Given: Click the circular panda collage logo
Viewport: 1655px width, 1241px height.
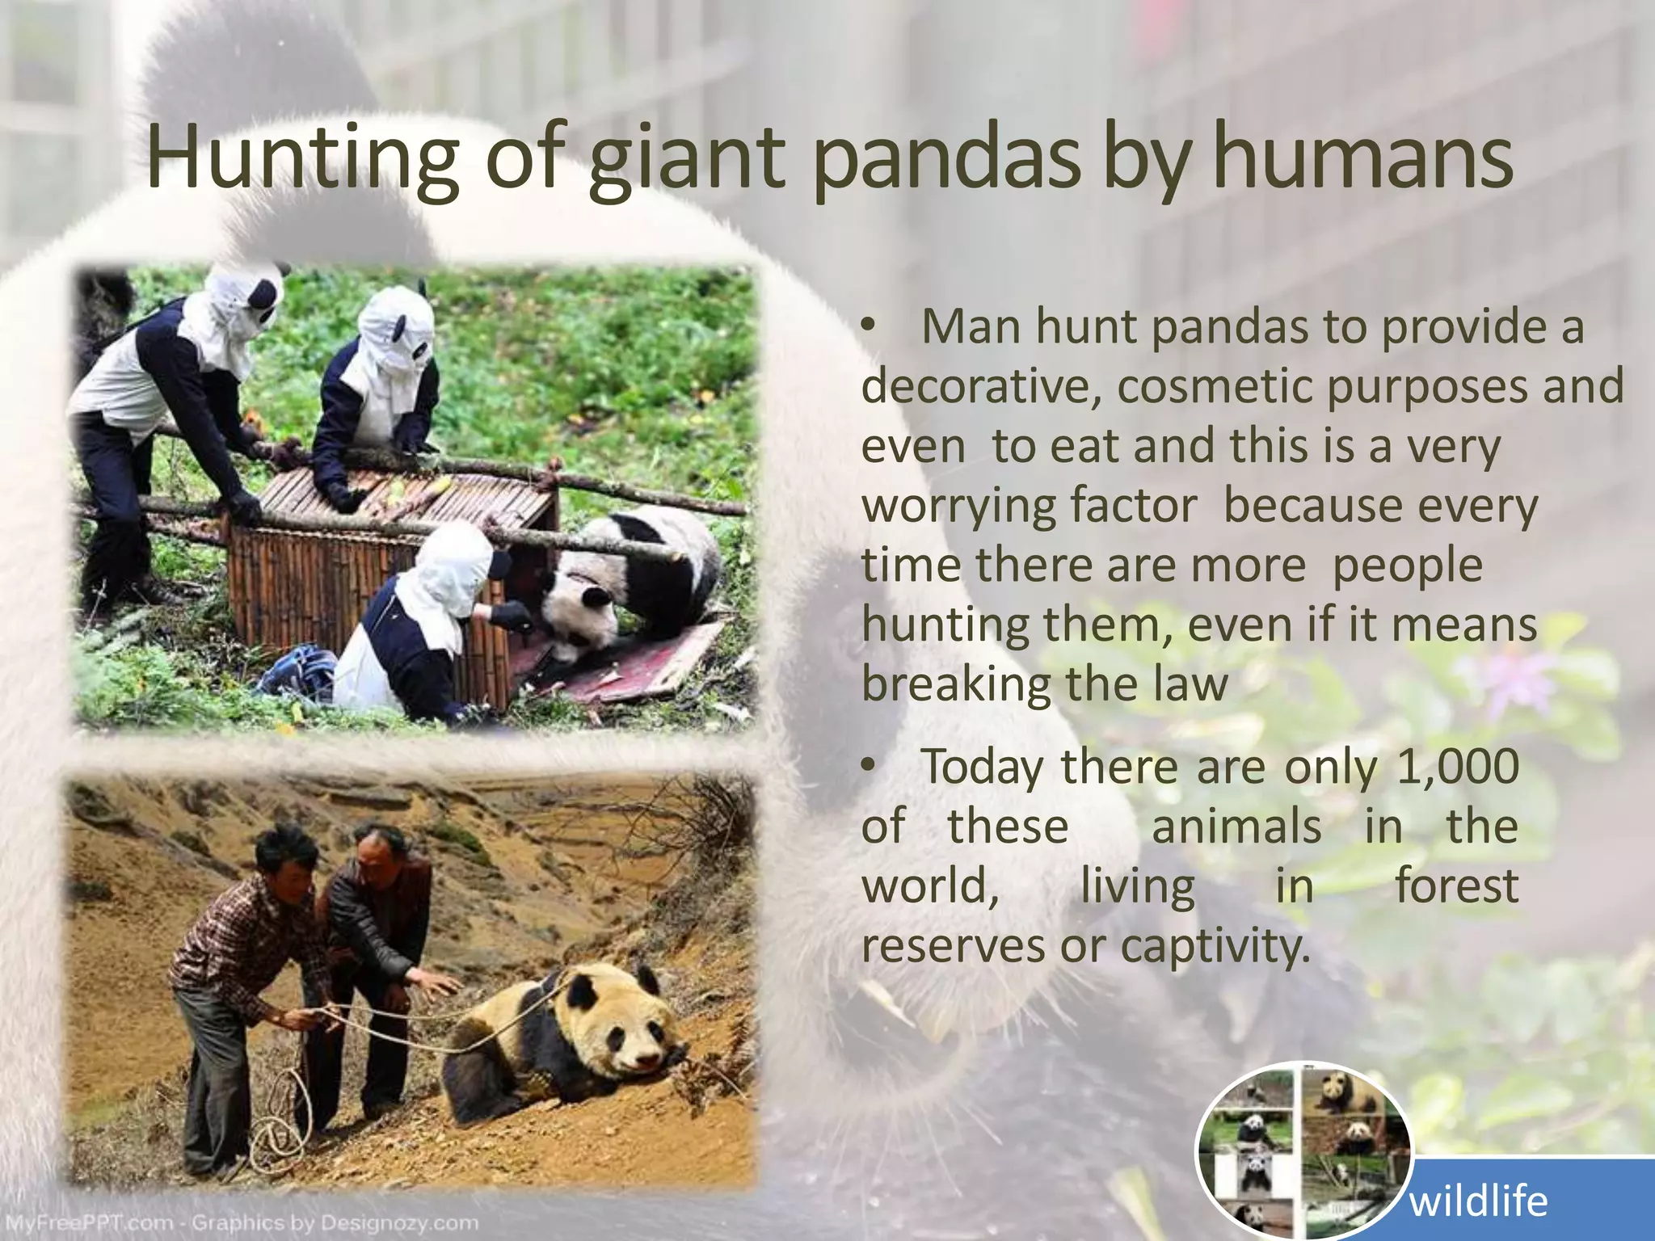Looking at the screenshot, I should pos(1302,1151).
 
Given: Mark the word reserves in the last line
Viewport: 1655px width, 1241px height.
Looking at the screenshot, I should pos(952,946).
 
